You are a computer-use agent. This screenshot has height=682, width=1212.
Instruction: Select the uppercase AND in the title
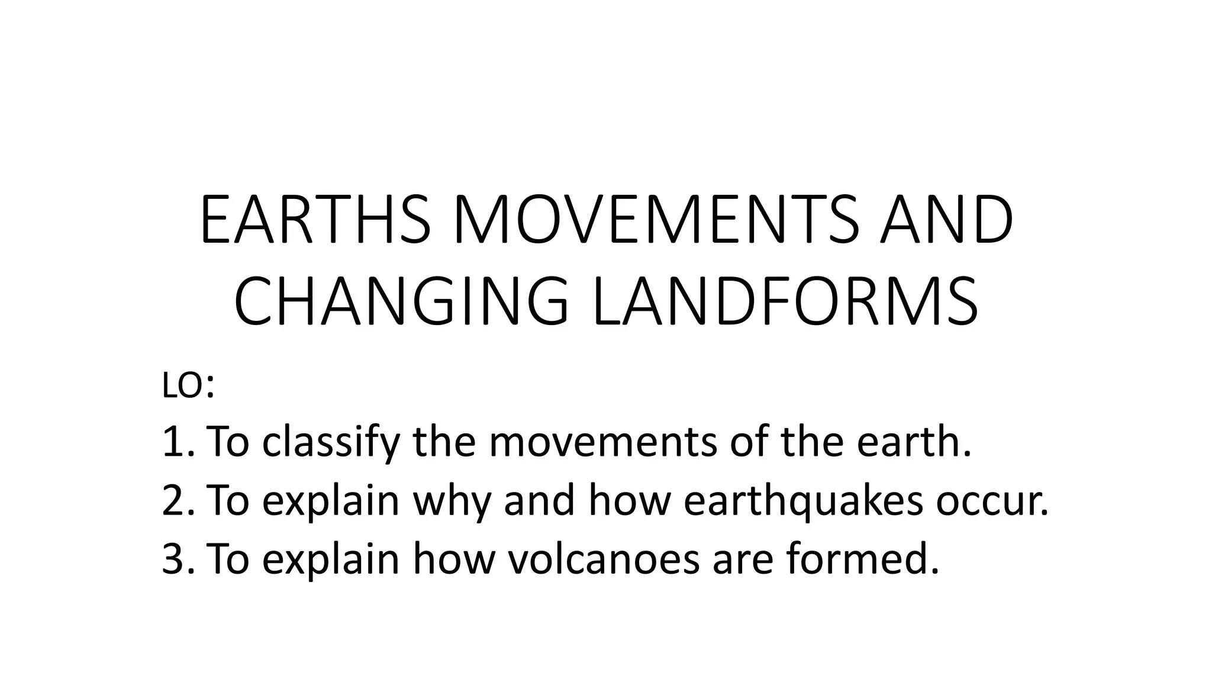coord(946,220)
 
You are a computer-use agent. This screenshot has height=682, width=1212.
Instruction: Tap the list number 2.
coord(175,500)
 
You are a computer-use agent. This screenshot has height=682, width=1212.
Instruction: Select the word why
coord(452,500)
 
